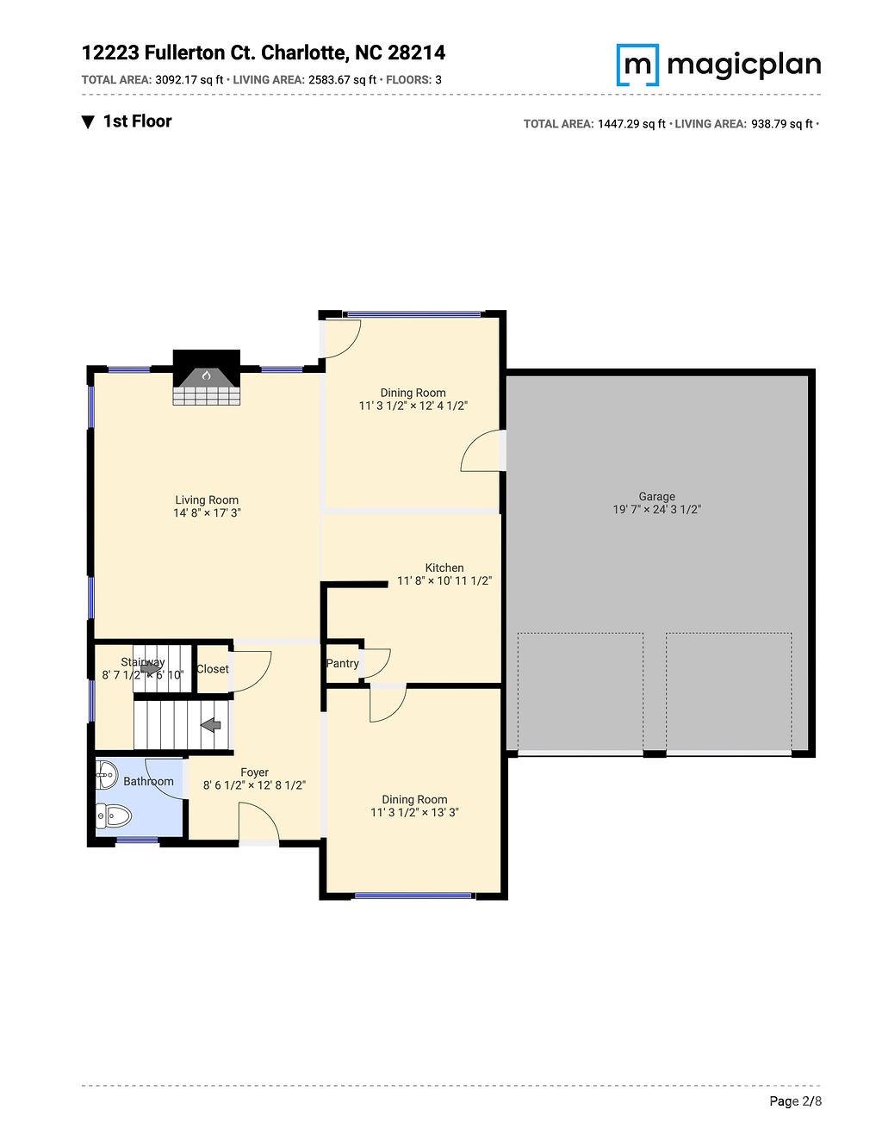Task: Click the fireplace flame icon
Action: pos(207,375)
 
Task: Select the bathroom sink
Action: pos(107,775)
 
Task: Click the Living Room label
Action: pos(207,499)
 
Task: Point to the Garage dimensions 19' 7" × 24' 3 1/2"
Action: pos(657,509)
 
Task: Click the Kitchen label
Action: pos(444,567)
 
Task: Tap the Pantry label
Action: pos(342,663)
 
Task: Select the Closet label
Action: pos(213,669)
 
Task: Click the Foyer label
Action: pos(255,772)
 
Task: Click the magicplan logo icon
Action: pos(637,65)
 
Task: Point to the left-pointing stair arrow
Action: pos(210,726)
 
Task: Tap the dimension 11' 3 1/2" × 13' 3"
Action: pos(415,812)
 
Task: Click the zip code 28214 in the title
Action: pos(416,53)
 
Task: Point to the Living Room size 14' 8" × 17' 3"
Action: pos(207,512)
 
